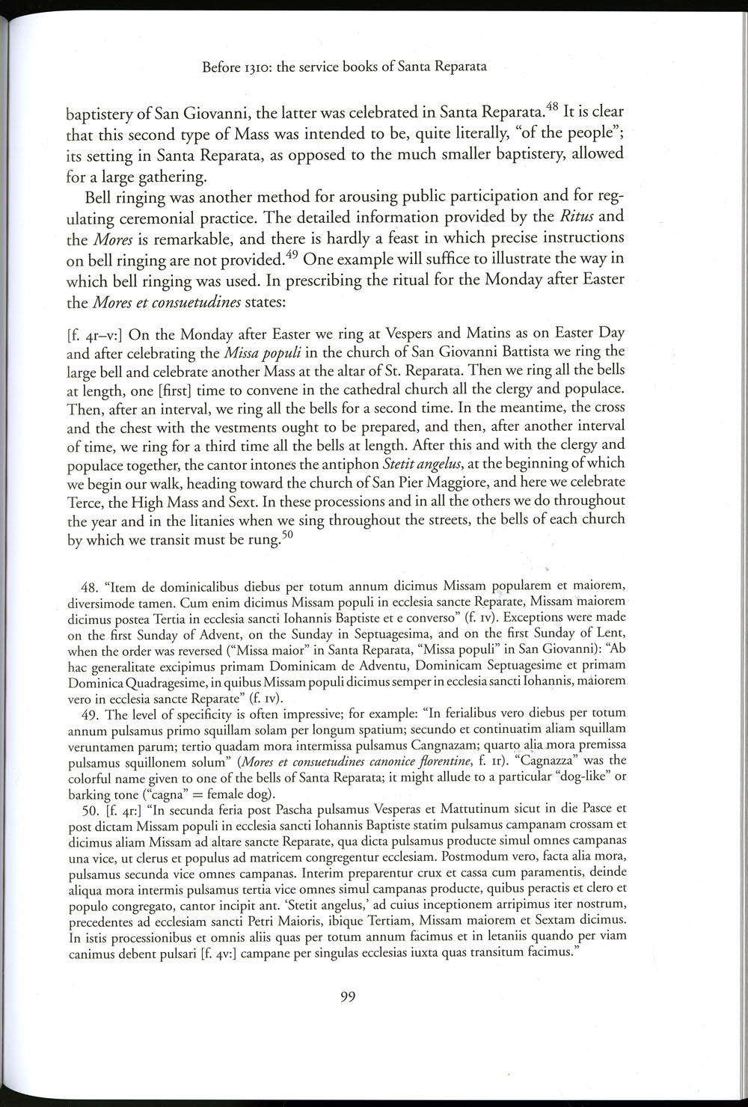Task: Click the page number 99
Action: (346, 996)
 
